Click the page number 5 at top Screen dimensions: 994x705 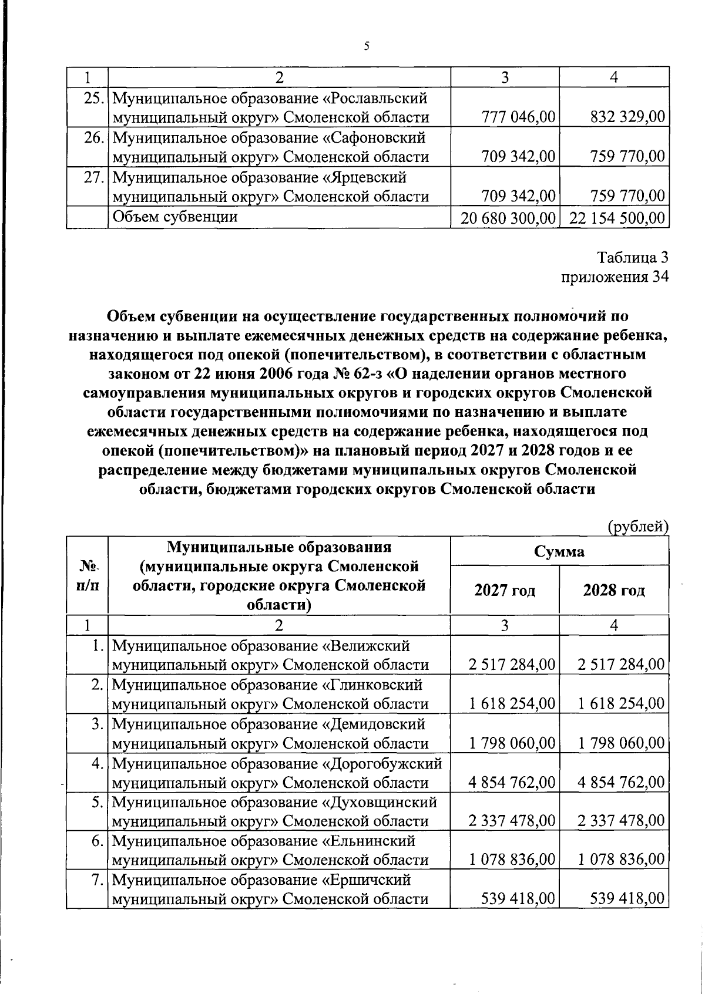tap(366, 46)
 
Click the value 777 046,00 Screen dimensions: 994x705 tap(518, 117)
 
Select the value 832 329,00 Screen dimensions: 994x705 tap(627, 117)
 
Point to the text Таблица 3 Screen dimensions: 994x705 tap(633, 257)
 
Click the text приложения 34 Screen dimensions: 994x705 tap(615, 277)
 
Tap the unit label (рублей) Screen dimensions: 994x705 tap(637, 527)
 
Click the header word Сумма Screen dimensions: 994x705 tap(559, 551)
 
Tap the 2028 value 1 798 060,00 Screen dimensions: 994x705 tap(621, 743)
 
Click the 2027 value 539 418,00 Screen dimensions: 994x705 tap(518, 899)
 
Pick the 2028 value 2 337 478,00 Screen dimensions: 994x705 tap(621, 821)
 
